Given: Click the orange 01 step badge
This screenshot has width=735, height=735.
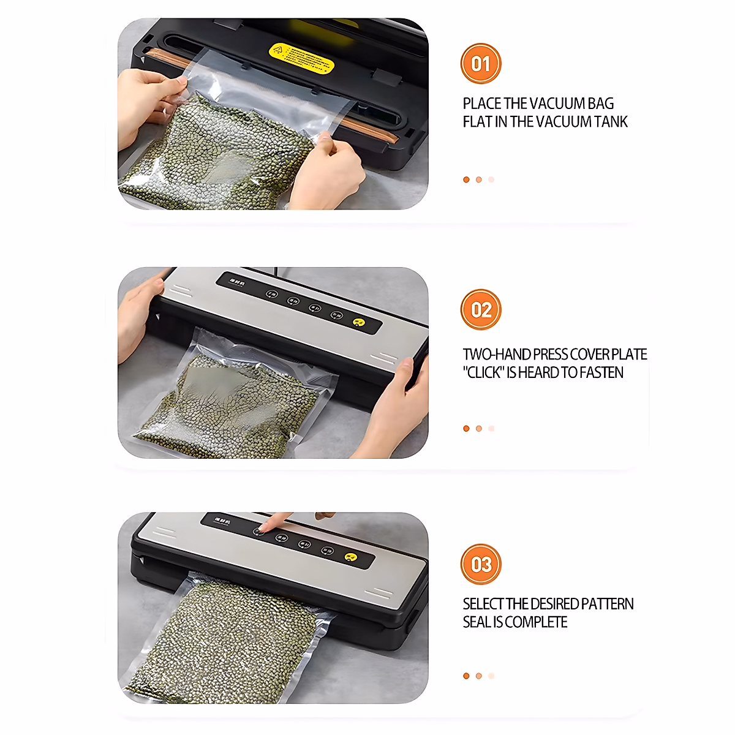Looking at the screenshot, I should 481,64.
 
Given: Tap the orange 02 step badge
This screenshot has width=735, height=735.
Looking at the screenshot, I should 481,310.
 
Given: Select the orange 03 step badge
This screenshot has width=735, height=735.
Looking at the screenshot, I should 481,564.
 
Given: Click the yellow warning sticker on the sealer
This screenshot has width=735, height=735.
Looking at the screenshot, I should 301,57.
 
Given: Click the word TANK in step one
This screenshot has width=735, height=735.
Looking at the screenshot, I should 608,122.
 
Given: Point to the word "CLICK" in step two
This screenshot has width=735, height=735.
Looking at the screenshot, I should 484,372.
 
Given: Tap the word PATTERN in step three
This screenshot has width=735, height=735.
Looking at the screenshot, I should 607,604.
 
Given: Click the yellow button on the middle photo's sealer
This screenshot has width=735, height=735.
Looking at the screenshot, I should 359,322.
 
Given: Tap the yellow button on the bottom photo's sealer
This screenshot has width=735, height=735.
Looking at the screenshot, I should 350,557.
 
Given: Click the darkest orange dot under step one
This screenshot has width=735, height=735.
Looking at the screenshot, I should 466,179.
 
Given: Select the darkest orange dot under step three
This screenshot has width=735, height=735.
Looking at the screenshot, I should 466,676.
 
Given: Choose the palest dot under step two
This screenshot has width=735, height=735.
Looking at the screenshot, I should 491,429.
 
